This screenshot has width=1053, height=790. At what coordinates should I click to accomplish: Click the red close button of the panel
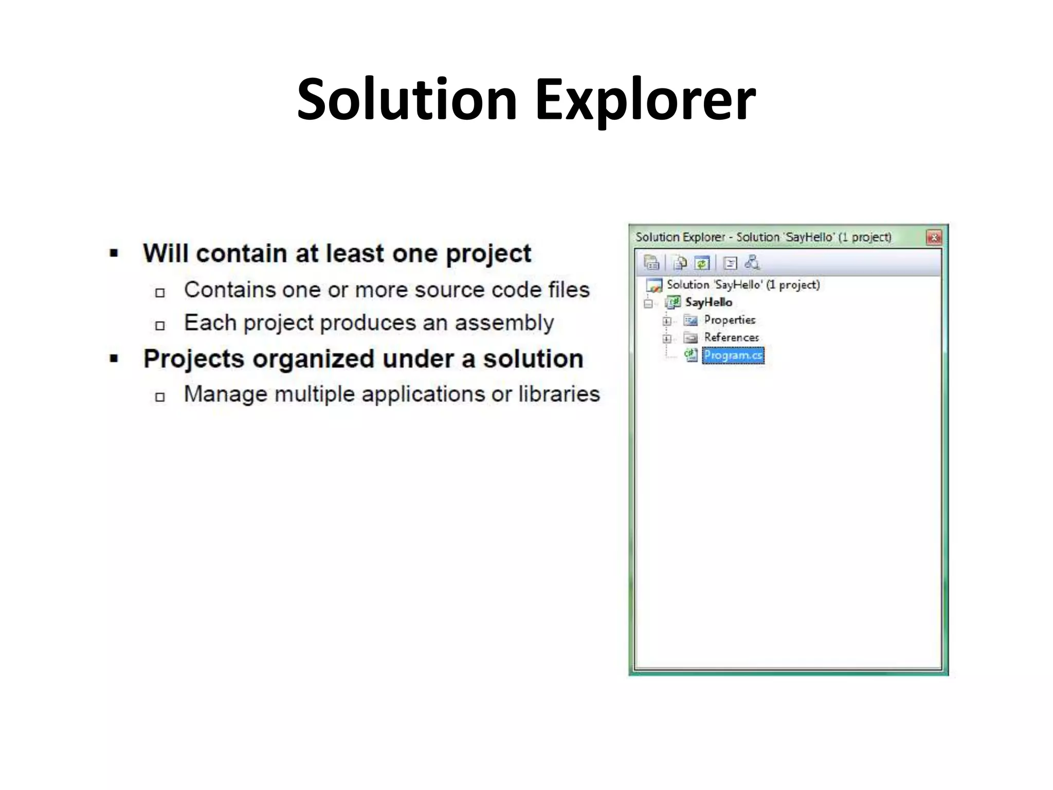pos(933,237)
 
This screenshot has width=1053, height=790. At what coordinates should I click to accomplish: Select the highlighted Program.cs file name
pos(733,355)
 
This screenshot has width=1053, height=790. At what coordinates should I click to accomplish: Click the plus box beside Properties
pos(667,321)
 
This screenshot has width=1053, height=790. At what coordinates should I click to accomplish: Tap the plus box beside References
pos(667,338)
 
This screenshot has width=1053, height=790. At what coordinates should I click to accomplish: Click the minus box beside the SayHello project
pos(648,303)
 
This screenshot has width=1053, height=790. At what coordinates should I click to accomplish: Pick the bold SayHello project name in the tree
pos(709,302)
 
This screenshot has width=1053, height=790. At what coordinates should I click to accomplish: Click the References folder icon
pos(691,338)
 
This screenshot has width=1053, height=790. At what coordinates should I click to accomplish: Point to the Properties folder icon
pos(691,320)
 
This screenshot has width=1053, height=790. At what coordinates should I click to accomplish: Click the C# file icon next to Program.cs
pos(691,355)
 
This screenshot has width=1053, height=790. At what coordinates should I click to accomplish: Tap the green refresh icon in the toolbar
pos(702,263)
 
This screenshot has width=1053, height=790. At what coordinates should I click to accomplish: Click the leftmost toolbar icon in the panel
pos(651,263)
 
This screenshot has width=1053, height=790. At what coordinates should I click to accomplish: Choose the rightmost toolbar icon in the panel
pos(752,263)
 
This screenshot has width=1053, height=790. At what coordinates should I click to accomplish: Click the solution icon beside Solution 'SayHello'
pos(654,285)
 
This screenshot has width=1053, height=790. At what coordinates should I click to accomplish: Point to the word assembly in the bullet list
pos(504,323)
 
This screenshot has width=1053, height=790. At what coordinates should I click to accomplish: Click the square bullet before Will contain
pos(114,253)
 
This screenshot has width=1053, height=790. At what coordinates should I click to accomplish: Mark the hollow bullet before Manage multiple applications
pos(160,397)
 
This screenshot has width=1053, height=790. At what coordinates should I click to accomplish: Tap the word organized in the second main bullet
pos(313,358)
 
